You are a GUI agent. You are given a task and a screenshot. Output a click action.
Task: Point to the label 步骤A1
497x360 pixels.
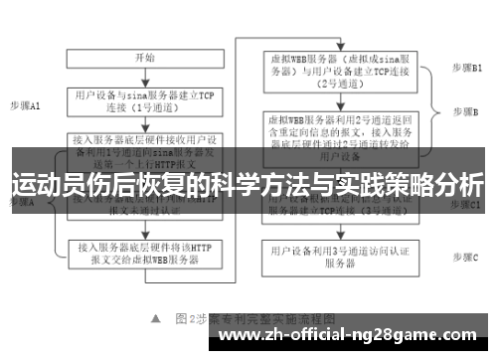(26, 104)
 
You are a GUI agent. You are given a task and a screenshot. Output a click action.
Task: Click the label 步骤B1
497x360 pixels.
(466, 67)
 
